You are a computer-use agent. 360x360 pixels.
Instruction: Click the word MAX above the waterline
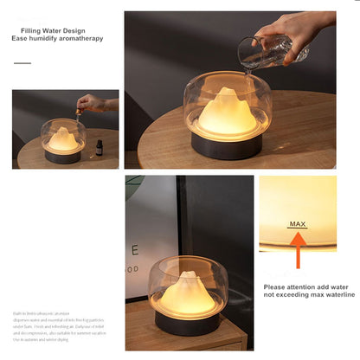(298, 223)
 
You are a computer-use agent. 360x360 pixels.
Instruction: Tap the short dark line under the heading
(22, 63)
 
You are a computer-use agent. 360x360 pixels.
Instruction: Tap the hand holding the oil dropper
(92, 103)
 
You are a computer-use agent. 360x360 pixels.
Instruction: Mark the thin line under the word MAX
(298, 228)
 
